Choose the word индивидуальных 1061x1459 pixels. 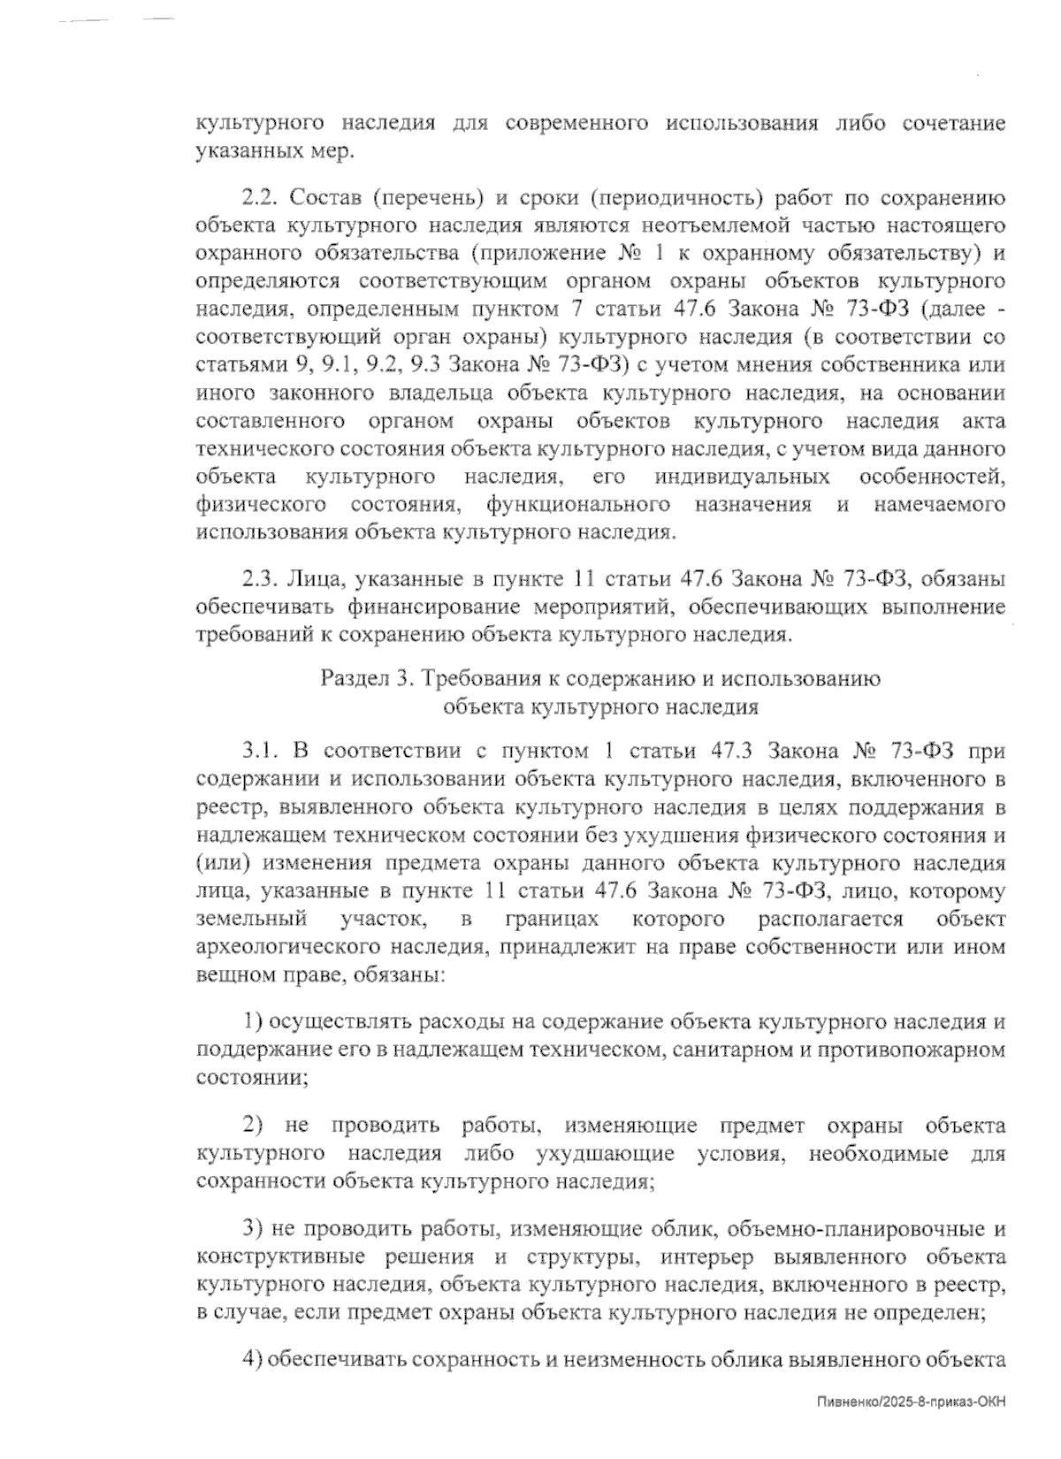(742, 477)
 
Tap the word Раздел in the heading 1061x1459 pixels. (356, 679)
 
